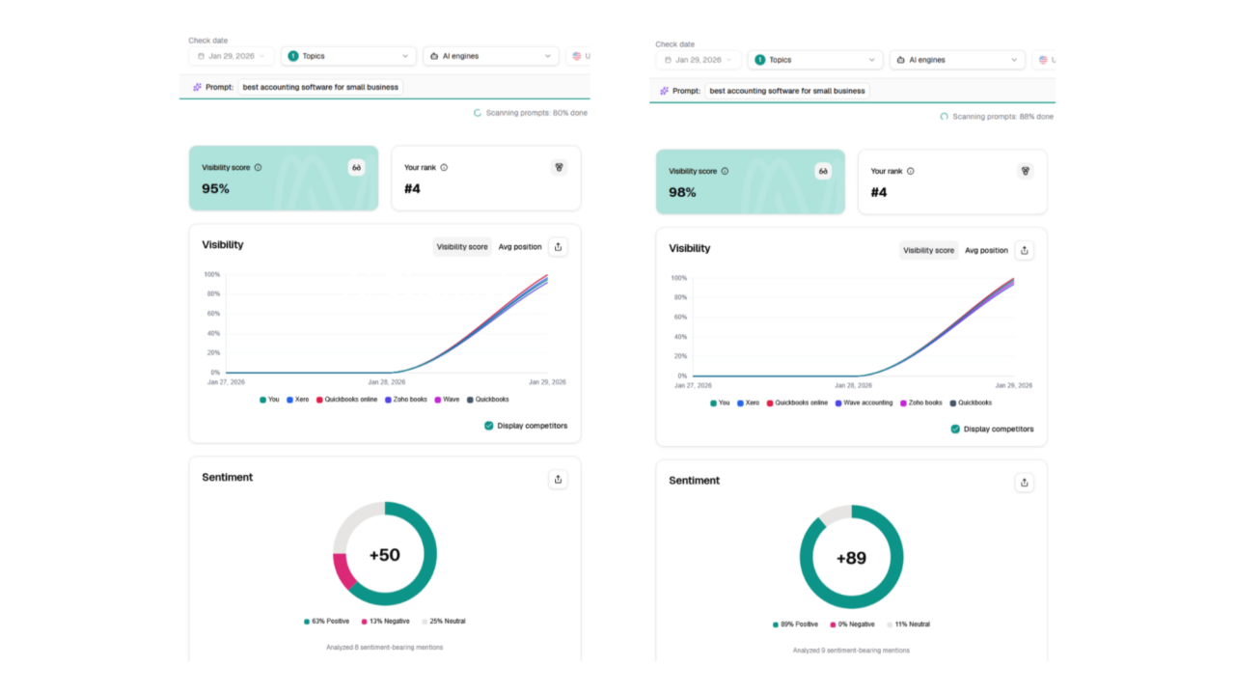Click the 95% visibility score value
click(215, 188)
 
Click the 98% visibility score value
click(682, 192)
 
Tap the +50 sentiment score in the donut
click(385, 554)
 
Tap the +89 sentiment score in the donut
click(851, 558)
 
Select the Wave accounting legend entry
click(864, 403)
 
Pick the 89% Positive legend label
click(795, 625)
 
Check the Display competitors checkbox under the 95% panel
click(488, 426)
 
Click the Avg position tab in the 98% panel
click(986, 250)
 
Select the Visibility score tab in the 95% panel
click(462, 246)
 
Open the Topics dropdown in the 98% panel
click(815, 60)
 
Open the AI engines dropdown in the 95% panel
click(491, 56)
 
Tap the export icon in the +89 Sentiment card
click(1025, 483)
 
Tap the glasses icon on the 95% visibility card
click(357, 168)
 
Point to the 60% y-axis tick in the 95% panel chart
click(213, 314)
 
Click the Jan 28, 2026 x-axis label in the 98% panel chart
click(854, 386)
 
